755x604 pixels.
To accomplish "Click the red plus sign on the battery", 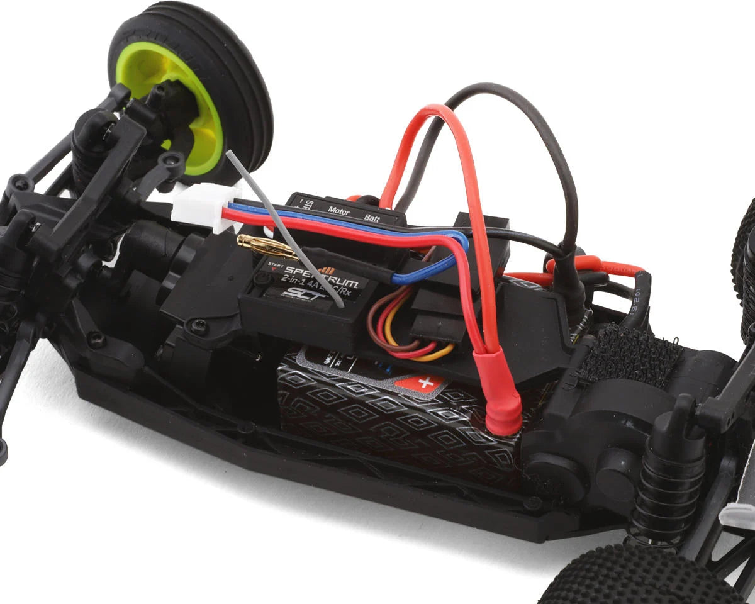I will tap(425, 382).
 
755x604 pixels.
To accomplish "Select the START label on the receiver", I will tap(275, 264).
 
